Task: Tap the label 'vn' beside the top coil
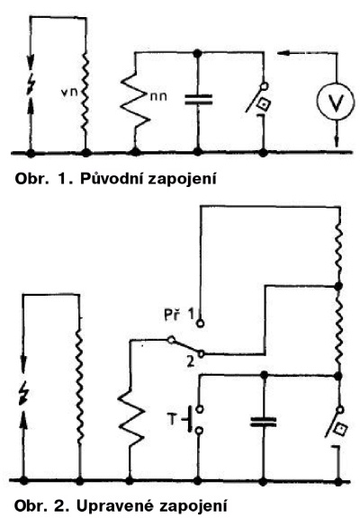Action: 70,93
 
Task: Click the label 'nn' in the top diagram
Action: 158,96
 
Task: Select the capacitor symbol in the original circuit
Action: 199,100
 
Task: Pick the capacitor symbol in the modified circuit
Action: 264,422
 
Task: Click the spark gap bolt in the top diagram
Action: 31,85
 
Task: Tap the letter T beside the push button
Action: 172,419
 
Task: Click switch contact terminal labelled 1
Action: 201,324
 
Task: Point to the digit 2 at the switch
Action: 191,362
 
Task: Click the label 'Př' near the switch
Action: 171,315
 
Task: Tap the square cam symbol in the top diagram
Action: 264,105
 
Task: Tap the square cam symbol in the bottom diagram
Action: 341,429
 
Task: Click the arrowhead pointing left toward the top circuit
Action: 282,53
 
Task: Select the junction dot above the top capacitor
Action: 198,53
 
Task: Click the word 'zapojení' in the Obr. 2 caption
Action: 193,506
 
